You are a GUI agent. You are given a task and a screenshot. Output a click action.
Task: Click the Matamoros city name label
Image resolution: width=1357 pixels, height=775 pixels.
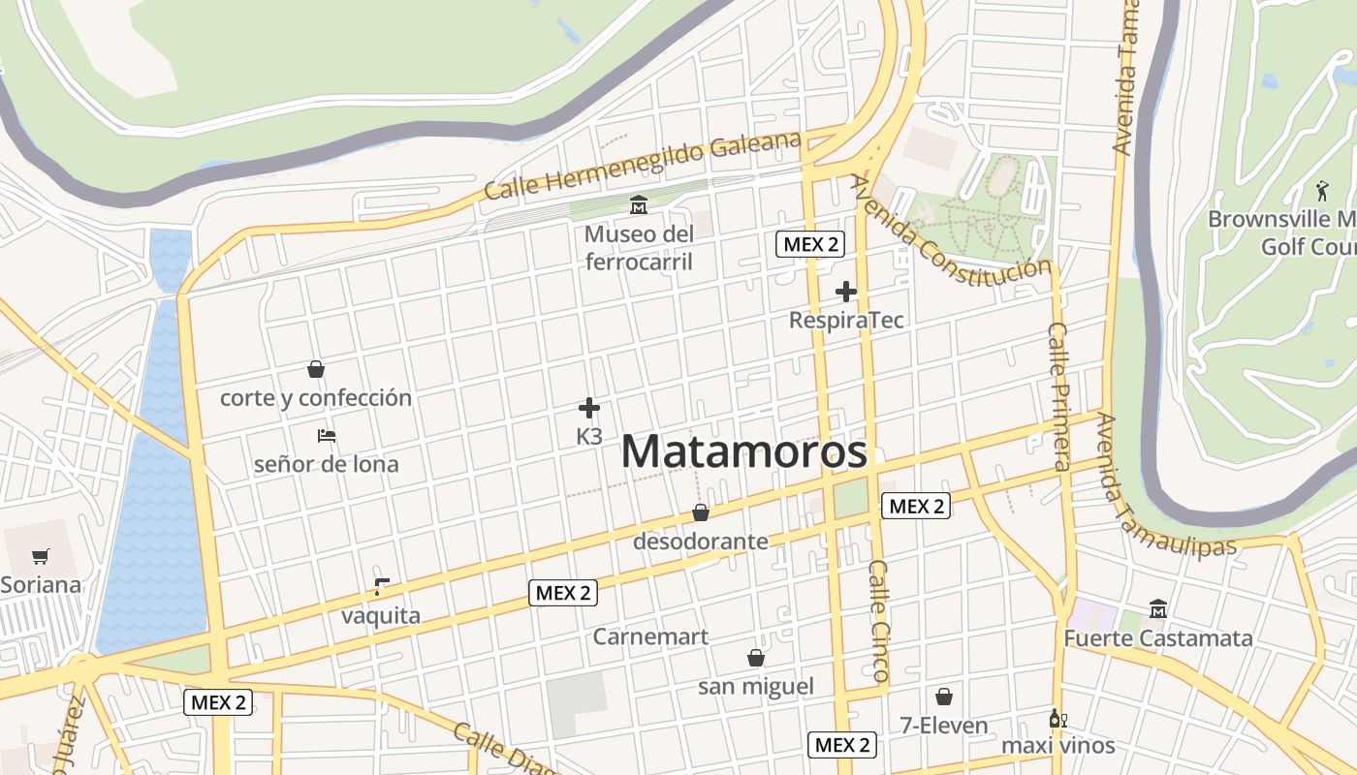(x=743, y=452)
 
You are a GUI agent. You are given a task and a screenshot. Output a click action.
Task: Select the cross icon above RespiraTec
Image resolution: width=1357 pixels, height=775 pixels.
(x=846, y=291)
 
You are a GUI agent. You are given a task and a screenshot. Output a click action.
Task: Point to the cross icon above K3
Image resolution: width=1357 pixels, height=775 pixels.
(x=589, y=408)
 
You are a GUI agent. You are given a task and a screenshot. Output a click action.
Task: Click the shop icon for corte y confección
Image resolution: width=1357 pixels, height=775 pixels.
(x=315, y=369)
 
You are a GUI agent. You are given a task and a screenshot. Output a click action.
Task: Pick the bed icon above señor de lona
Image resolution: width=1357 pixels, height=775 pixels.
(x=327, y=436)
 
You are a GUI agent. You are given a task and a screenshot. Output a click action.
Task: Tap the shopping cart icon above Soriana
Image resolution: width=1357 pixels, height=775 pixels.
(x=40, y=557)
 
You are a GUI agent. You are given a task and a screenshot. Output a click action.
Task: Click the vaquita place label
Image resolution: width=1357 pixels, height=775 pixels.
(x=381, y=616)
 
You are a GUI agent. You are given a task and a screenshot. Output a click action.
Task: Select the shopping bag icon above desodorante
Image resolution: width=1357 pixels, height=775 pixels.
(x=700, y=512)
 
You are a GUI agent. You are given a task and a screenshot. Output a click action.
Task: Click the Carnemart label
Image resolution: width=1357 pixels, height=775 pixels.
(x=650, y=636)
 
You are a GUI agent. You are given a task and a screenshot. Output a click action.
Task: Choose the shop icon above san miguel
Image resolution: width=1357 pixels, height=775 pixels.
(x=756, y=659)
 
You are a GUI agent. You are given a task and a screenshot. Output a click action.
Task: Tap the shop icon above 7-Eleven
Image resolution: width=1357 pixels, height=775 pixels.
(x=943, y=697)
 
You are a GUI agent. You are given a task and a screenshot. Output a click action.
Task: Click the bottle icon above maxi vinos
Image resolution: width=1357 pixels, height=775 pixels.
(x=1057, y=719)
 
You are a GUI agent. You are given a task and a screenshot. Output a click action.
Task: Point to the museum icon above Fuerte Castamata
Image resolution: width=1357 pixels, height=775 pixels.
(x=1157, y=609)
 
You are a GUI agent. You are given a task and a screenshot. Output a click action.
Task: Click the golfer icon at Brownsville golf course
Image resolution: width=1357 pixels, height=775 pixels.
(x=1321, y=191)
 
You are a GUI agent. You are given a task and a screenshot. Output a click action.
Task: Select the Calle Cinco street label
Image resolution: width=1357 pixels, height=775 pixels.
(x=879, y=620)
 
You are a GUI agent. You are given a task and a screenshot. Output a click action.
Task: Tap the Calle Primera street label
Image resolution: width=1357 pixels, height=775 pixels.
(x=1059, y=397)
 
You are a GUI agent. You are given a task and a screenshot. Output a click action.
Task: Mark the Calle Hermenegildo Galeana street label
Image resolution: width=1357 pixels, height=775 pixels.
(x=643, y=166)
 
